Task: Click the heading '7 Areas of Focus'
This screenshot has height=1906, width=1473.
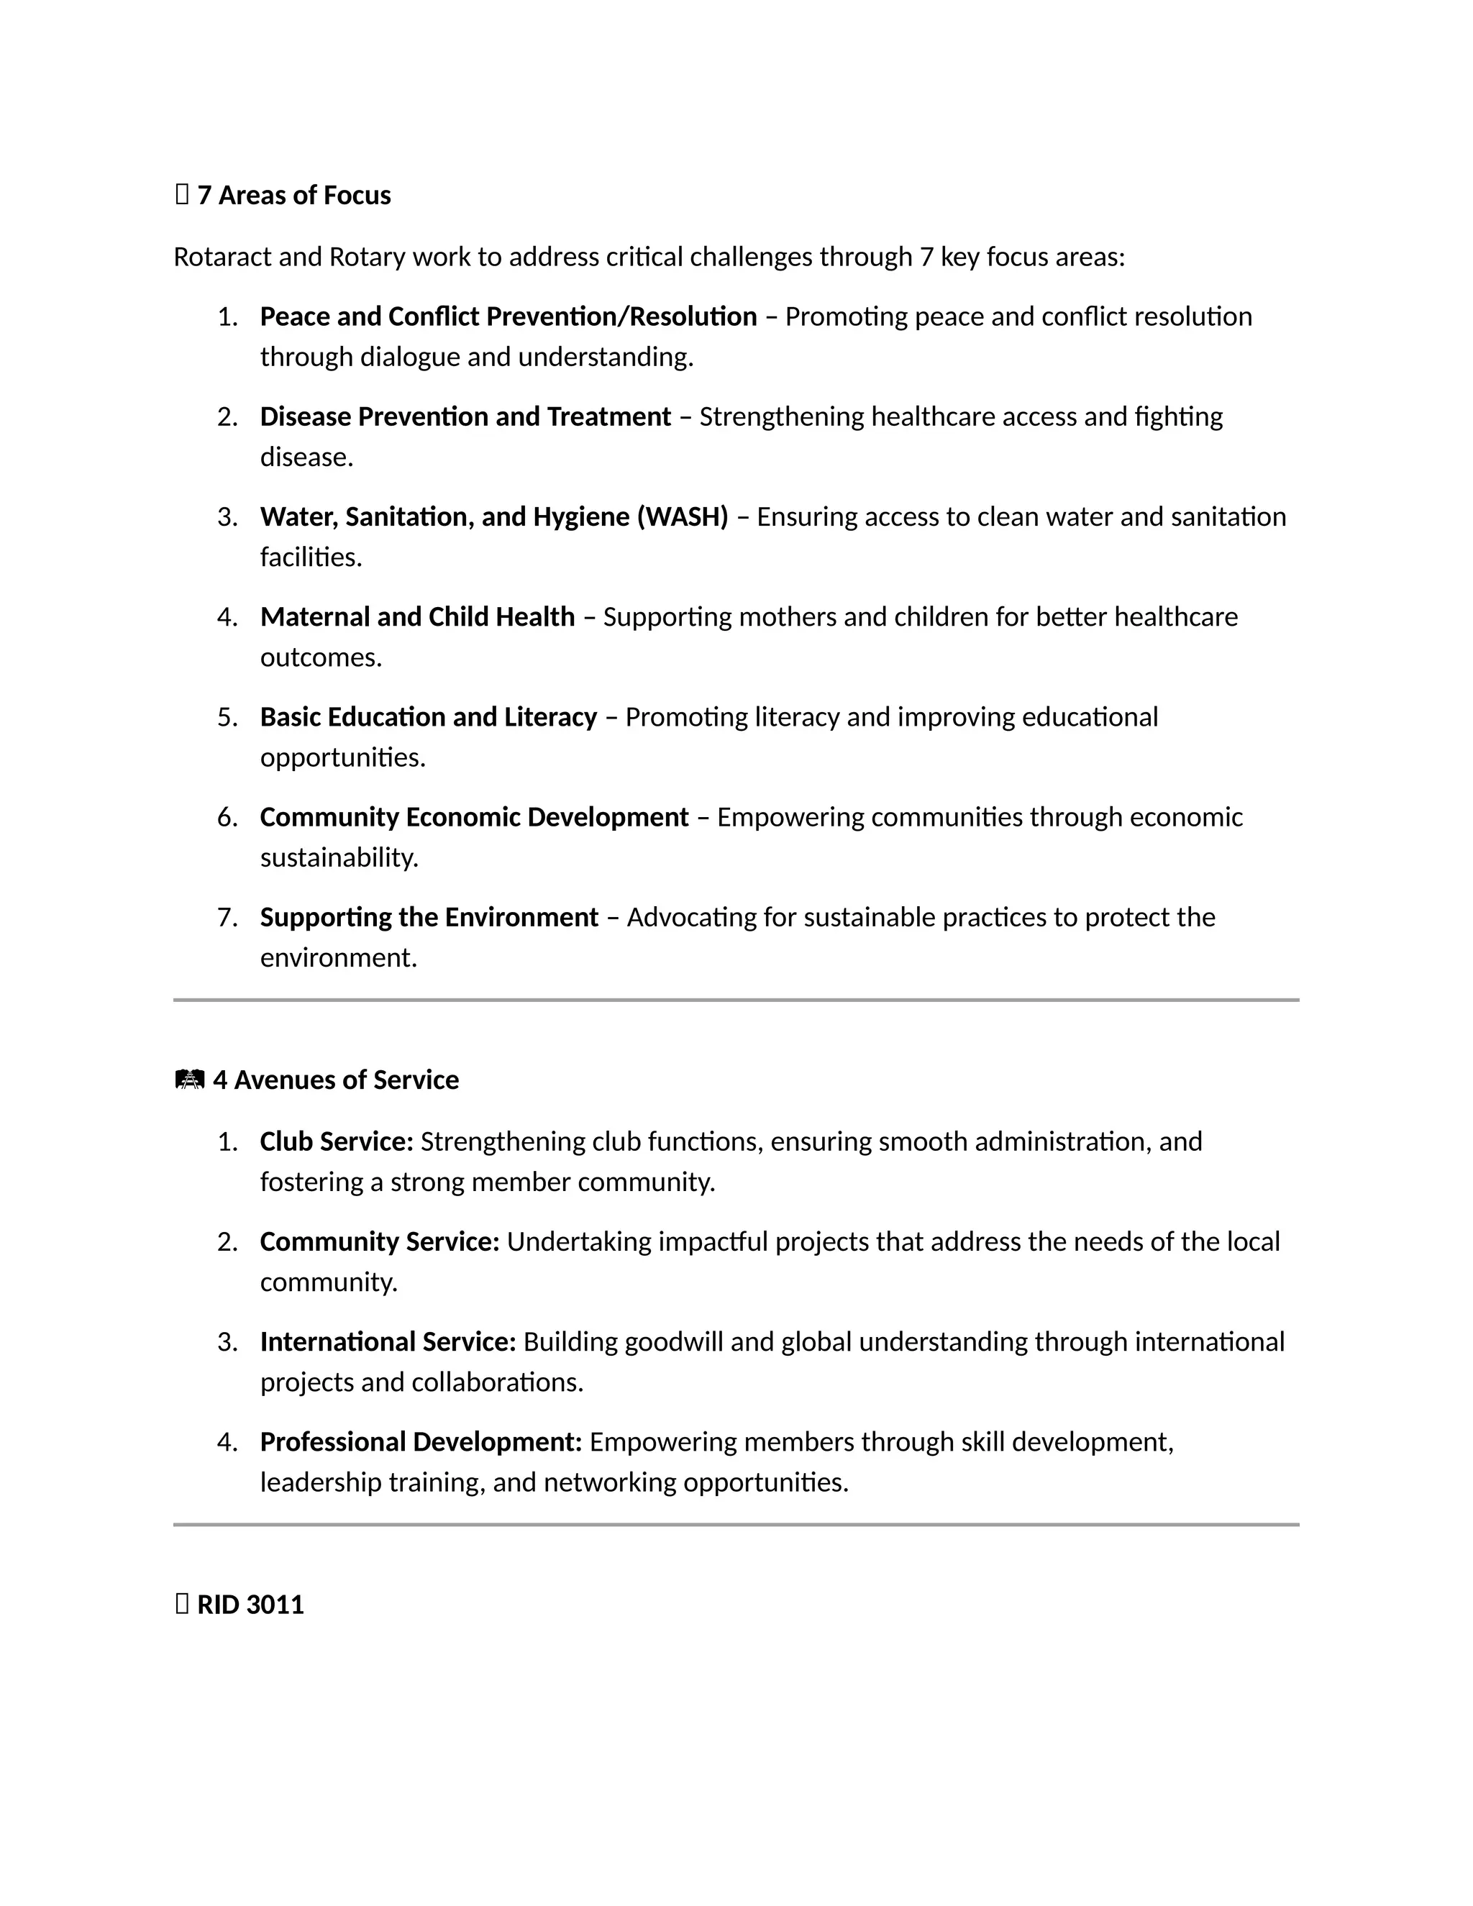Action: pyautogui.click(x=293, y=196)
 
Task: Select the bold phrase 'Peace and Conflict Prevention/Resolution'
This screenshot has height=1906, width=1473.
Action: pyautogui.click(x=508, y=316)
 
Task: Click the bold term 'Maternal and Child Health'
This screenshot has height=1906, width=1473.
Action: pyautogui.click(x=417, y=617)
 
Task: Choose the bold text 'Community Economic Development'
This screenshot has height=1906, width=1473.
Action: pyautogui.click(x=474, y=818)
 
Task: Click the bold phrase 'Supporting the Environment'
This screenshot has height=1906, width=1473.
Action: pyautogui.click(x=429, y=918)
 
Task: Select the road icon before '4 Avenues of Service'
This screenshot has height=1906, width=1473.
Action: pyautogui.click(x=189, y=1080)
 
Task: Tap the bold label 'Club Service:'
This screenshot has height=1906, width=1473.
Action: pyautogui.click(x=336, y=1141)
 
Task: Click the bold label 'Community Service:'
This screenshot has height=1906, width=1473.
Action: pyautogui.click(x=380, y=1242)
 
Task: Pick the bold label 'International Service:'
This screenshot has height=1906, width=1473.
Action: pyautogui.click(x=388, y=1342)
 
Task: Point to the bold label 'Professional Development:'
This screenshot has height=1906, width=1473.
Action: pyautogui.click(x=421, y=1443)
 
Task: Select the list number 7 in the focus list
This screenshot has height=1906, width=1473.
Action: pyautogui.click(x=226, y=918)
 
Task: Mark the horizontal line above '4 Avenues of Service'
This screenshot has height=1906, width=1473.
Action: pyautogui.click(x=736, y=1000)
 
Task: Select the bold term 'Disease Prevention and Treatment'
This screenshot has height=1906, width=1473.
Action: pyautogui.click(x=465, y=417)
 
